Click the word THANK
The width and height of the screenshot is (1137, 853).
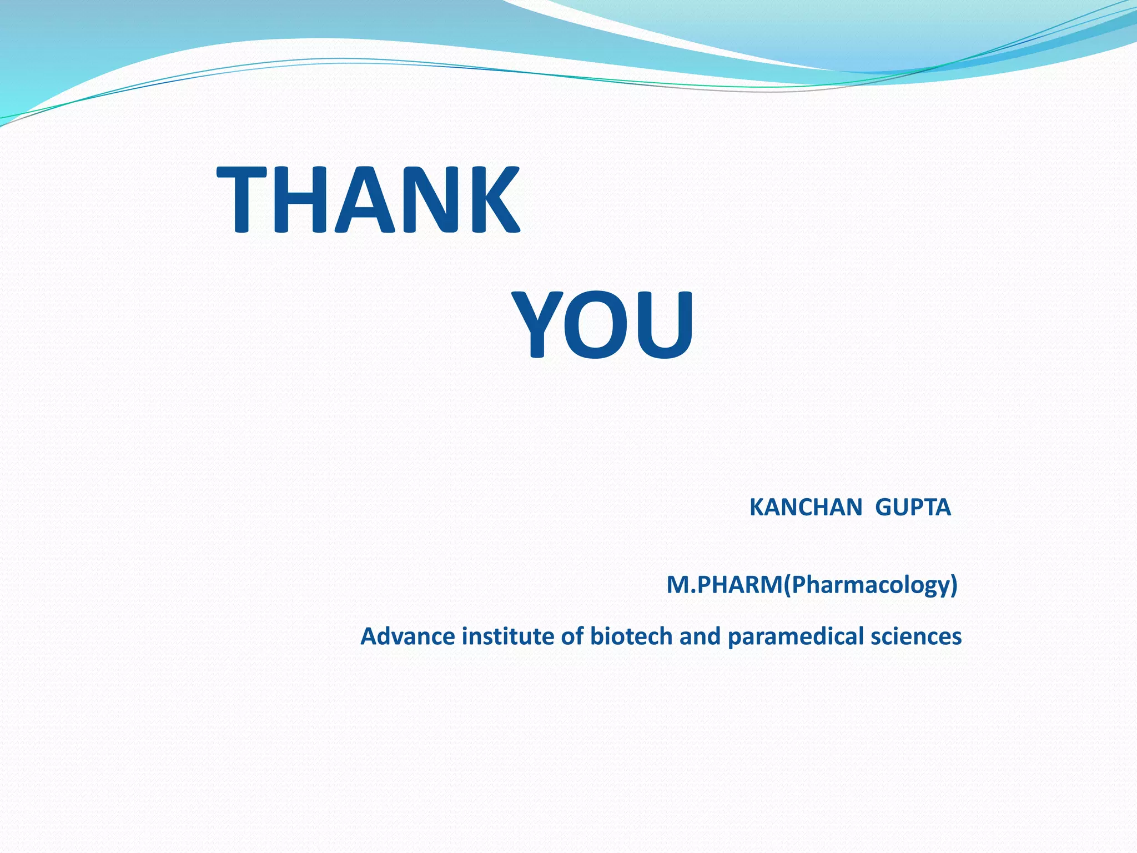(x=368, y=199)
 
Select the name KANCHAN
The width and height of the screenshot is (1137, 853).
(x=806, y=508)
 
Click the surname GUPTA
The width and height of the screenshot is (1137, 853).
(x=913, y=508)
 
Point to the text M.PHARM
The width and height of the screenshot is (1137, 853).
(x=724, y=585)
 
